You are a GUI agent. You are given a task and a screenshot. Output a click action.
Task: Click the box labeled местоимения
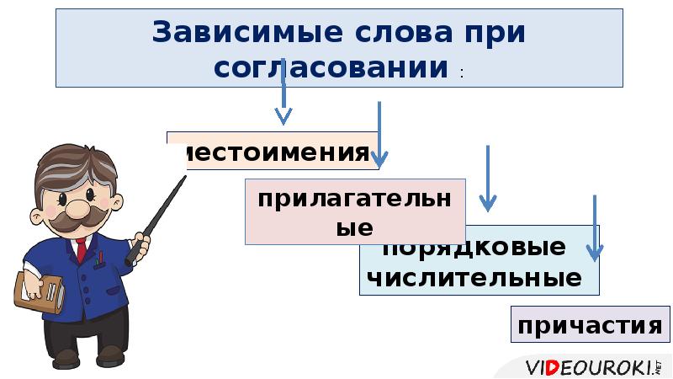(x=273, y=151)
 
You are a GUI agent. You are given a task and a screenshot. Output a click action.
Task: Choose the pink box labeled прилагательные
(x=354, y=211)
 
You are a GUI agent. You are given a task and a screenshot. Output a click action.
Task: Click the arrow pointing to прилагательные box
(x=379, y=135)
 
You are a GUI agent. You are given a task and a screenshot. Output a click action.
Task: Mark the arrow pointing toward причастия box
(x=595, y=227)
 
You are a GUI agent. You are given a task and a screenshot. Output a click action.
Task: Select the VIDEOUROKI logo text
(x=589, y=367)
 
